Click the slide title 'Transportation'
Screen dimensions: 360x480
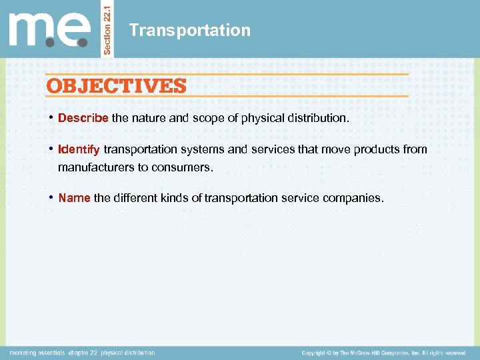click(x=190, y=30)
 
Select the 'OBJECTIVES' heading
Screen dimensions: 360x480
click(x=115, y=85)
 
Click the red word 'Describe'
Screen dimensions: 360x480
click(x=83, y=118)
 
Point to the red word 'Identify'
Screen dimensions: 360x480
click(x=79, y=149)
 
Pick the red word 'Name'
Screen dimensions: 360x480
click(x=74, y=198)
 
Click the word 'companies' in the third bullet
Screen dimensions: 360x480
click(x=356, y=198)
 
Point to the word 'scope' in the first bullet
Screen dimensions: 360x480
click(x=208, y=118)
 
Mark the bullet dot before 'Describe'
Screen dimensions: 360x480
click(x=51, y=118)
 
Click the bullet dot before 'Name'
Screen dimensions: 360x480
click(x=51, y=198)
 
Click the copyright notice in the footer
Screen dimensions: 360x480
click(x=383, y=353)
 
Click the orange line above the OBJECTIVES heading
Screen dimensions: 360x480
click(x=227, y=74)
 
